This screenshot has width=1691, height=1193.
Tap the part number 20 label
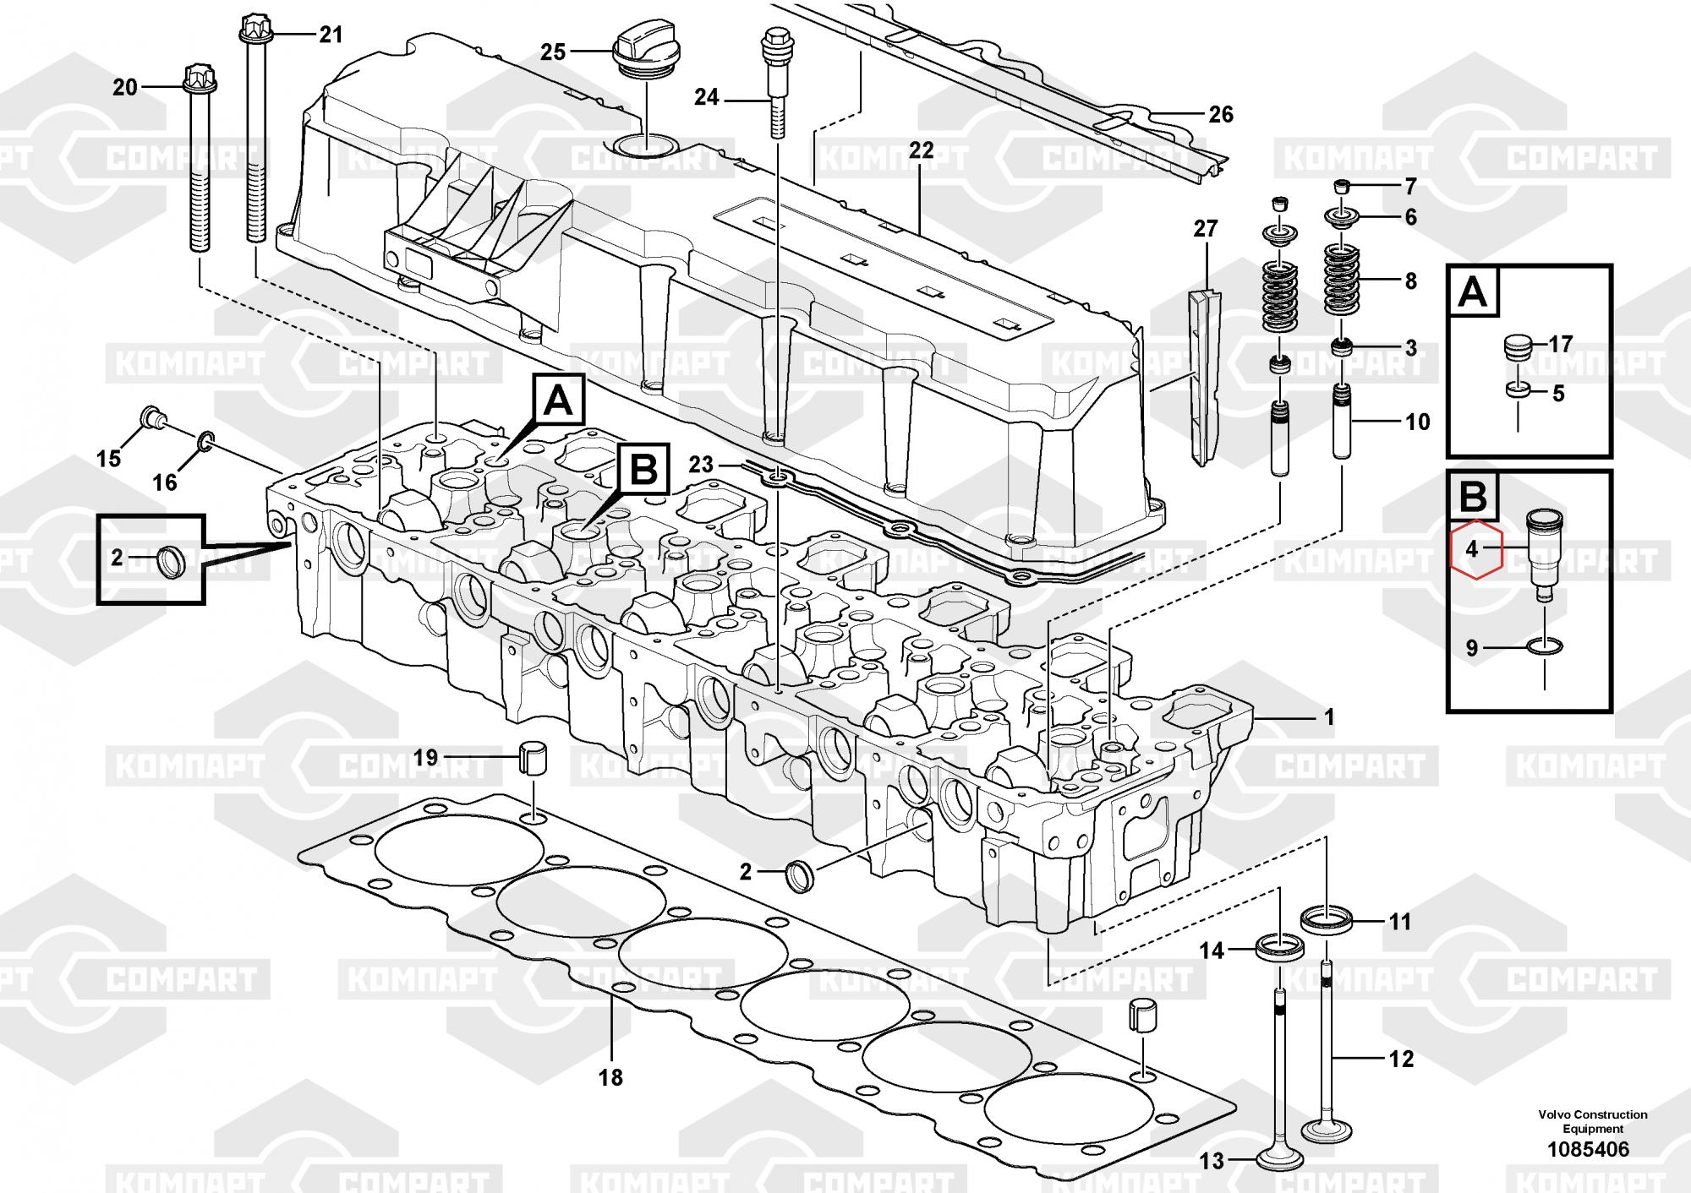tap(125, 87)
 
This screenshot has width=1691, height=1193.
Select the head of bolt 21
tap(254, 30)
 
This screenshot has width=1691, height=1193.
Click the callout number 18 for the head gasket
tap(610, 1077)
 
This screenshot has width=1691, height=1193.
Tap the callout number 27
tap(1205, 228)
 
